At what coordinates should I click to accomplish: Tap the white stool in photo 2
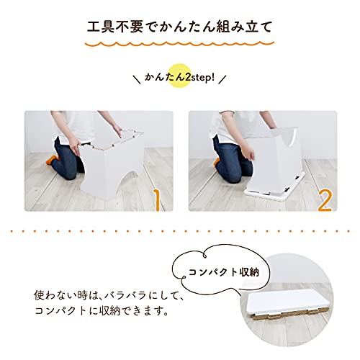coord(274,155)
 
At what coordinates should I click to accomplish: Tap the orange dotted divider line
coord(179,233)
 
